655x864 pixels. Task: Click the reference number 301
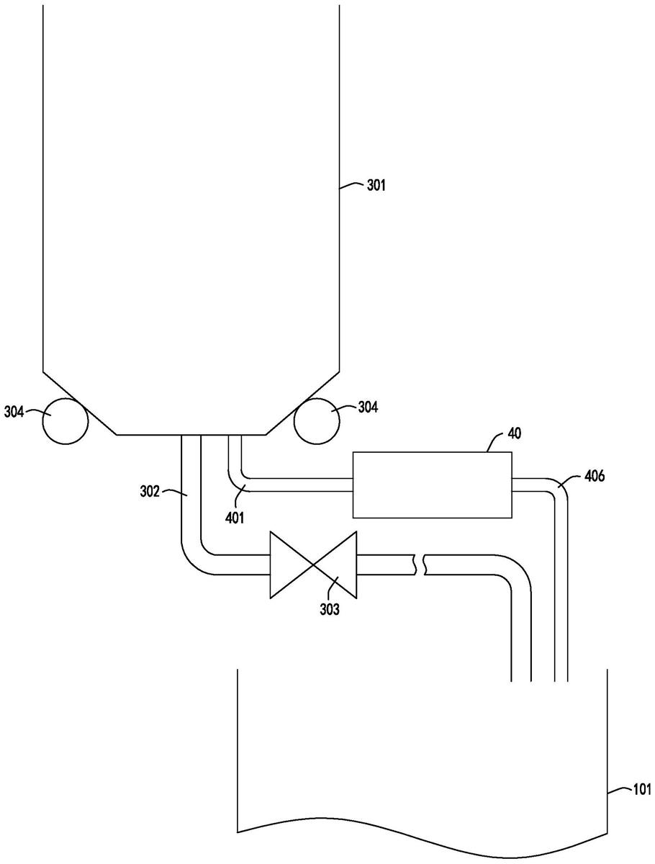click(376, 185)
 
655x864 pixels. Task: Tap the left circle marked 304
click(65, 421)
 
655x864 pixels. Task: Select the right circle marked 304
click(316, 421)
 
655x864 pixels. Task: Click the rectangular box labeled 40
click(433, 485)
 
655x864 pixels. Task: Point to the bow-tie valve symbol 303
click(313, 565)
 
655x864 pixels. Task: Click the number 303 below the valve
click(329, 609)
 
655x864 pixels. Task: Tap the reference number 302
click(150, 492)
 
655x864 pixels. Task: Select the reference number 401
click(235, 518)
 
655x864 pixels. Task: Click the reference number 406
click(595, 477)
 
